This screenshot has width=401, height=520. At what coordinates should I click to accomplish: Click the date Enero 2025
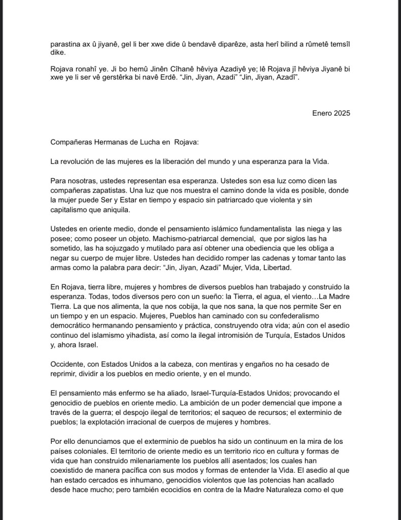click(331, 113)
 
